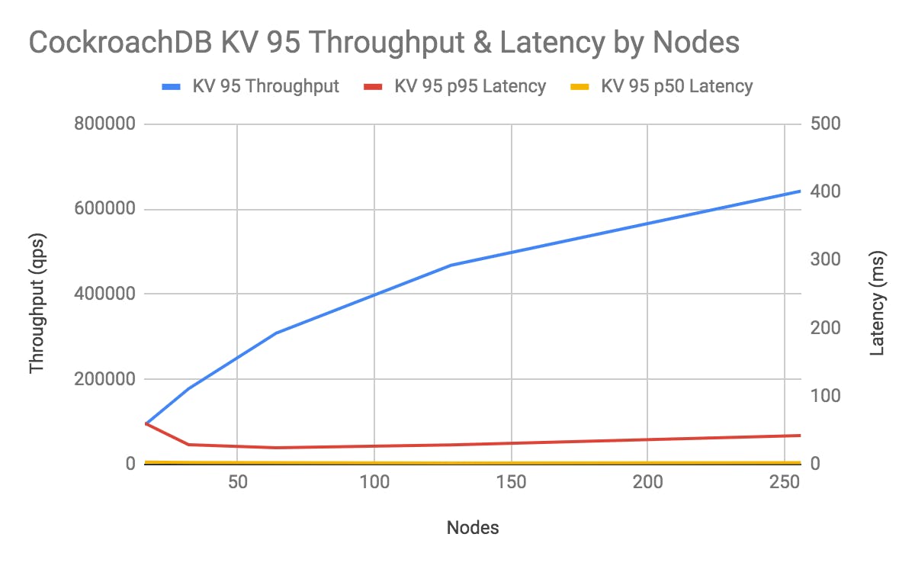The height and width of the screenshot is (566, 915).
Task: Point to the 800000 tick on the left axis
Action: (x=104, y=124)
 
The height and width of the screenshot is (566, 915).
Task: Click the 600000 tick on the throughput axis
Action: (x=104, y=209)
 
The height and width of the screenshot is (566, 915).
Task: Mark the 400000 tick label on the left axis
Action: (x=104, y=294)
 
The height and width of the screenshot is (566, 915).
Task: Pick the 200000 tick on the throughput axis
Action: (x=104, y=379)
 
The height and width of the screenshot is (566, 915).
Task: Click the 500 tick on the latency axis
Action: (x=824, y=124)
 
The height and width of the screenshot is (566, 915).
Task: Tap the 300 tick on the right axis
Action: (x=824, y=260)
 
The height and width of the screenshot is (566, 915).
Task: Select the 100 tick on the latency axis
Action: (x=824, y=396)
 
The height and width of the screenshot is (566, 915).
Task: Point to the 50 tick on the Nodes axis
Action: (x=237, y=485)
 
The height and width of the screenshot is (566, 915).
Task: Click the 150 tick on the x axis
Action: (x=511, y=485)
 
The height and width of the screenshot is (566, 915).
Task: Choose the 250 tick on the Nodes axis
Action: (x=784, y=485)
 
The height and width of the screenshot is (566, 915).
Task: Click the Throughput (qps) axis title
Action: (x=37, y=313)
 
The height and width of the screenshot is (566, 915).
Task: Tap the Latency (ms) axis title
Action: (x=877, y=302)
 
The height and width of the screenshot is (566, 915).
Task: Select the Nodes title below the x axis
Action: (x=473, y=527)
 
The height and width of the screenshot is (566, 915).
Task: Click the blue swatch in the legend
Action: (x=173, y=86)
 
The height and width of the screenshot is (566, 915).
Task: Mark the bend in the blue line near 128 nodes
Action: (x=451, y=265)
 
